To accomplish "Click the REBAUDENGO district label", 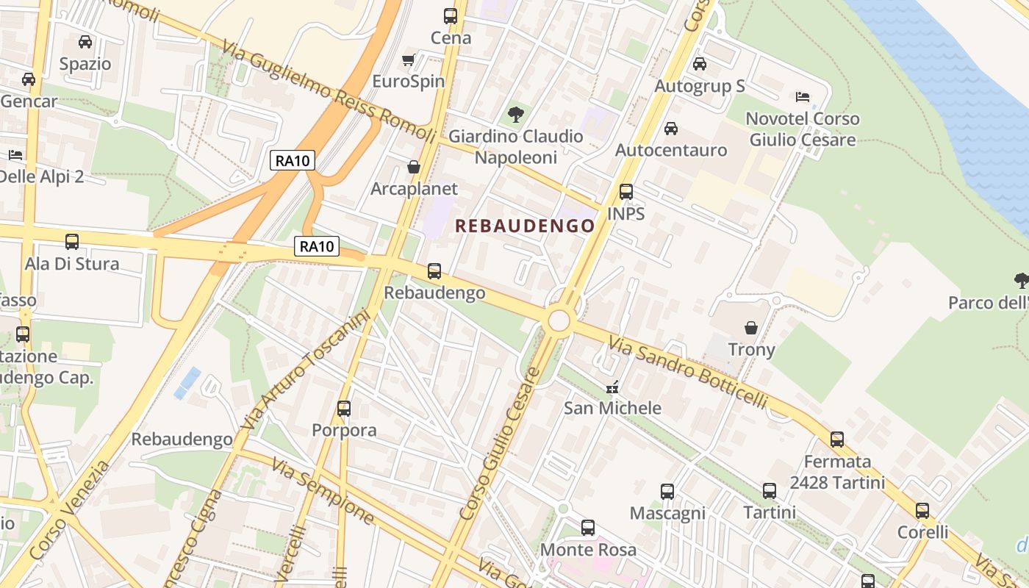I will click(524, 226).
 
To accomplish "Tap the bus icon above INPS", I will click(626, 192).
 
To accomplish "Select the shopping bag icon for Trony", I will click(751, 327).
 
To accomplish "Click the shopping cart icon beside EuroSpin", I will click(409, 60).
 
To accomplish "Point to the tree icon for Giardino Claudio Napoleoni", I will click(516, 114).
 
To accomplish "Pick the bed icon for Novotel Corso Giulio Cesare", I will click(803, 96).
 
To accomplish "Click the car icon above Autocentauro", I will click(670, 129).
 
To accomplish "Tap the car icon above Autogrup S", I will click(700, 64).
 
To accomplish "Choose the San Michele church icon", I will click(612, 387).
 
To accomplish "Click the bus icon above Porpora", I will click(344, 408).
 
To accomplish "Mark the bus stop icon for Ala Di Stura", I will click(72, 241).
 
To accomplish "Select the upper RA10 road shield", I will click(293, 160).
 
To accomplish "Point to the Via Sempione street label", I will click(323, 490).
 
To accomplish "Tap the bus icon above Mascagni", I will click(667, 492).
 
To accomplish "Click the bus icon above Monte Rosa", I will click(588, 527).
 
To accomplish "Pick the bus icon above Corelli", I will click(922, 510).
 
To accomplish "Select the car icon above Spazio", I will click(85, 42).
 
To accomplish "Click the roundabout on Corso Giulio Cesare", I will click(559, 320).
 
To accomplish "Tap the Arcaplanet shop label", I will click(414, 189).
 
